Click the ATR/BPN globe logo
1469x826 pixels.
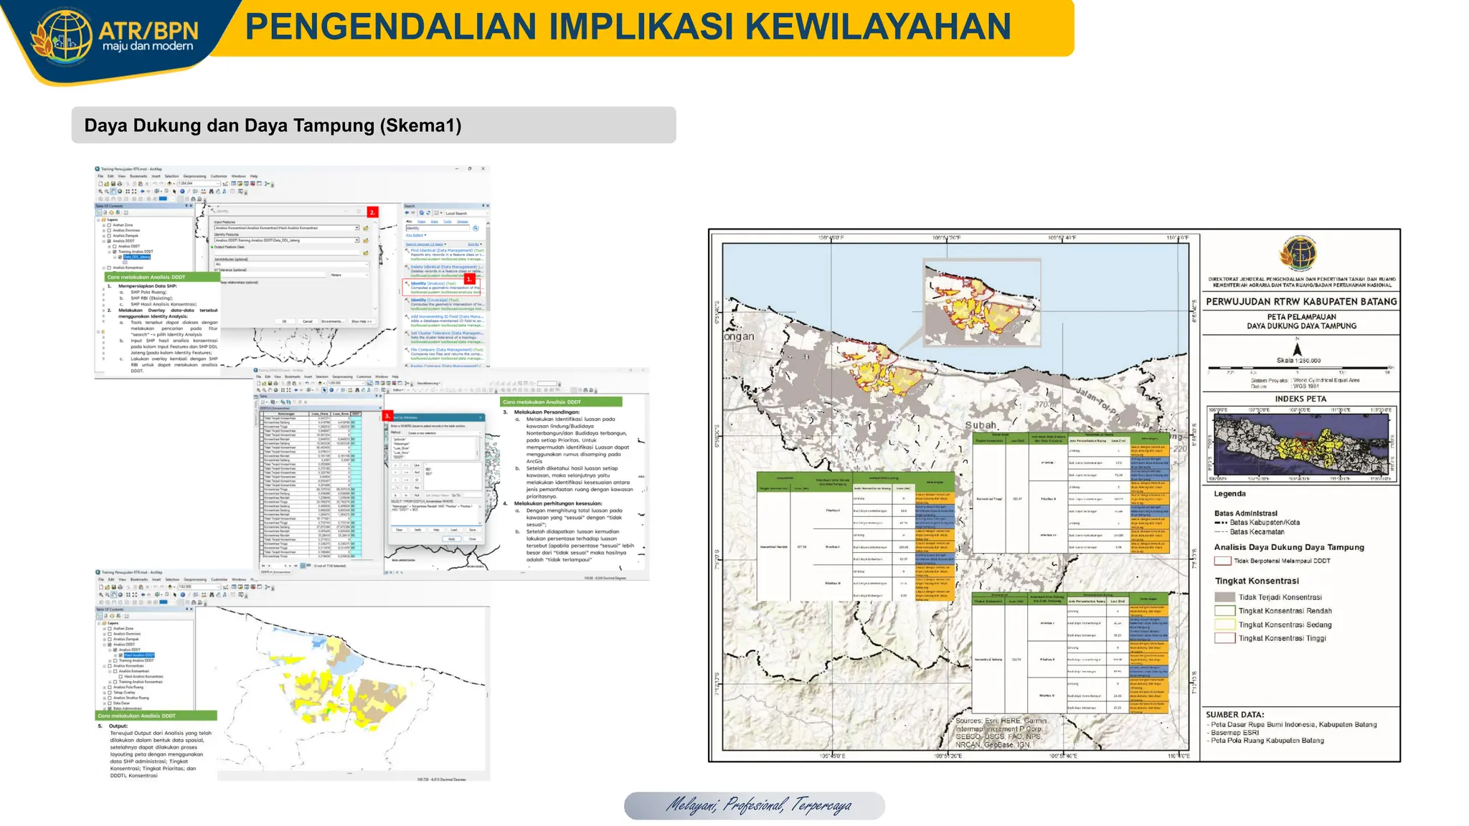pos(62,36)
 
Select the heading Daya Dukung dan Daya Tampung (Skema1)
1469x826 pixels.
pos(273,125)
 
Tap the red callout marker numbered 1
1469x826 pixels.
pos(469,279)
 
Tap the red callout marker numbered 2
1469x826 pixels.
pos(372,212)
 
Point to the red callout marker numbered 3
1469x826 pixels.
pos(387,416)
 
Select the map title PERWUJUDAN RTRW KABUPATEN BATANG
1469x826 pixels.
pos(1301,302)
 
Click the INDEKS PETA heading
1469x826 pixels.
pos(1300,399)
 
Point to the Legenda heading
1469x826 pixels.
pos(1229,494)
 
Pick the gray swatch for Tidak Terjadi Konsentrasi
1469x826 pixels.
pos(1224,597)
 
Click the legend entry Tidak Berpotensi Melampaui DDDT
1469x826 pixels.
pos(1281,561)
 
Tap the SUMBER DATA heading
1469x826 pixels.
pos(1234,715)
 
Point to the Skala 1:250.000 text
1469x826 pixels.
pos(1298,361)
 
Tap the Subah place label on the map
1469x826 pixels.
pos(981,425)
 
